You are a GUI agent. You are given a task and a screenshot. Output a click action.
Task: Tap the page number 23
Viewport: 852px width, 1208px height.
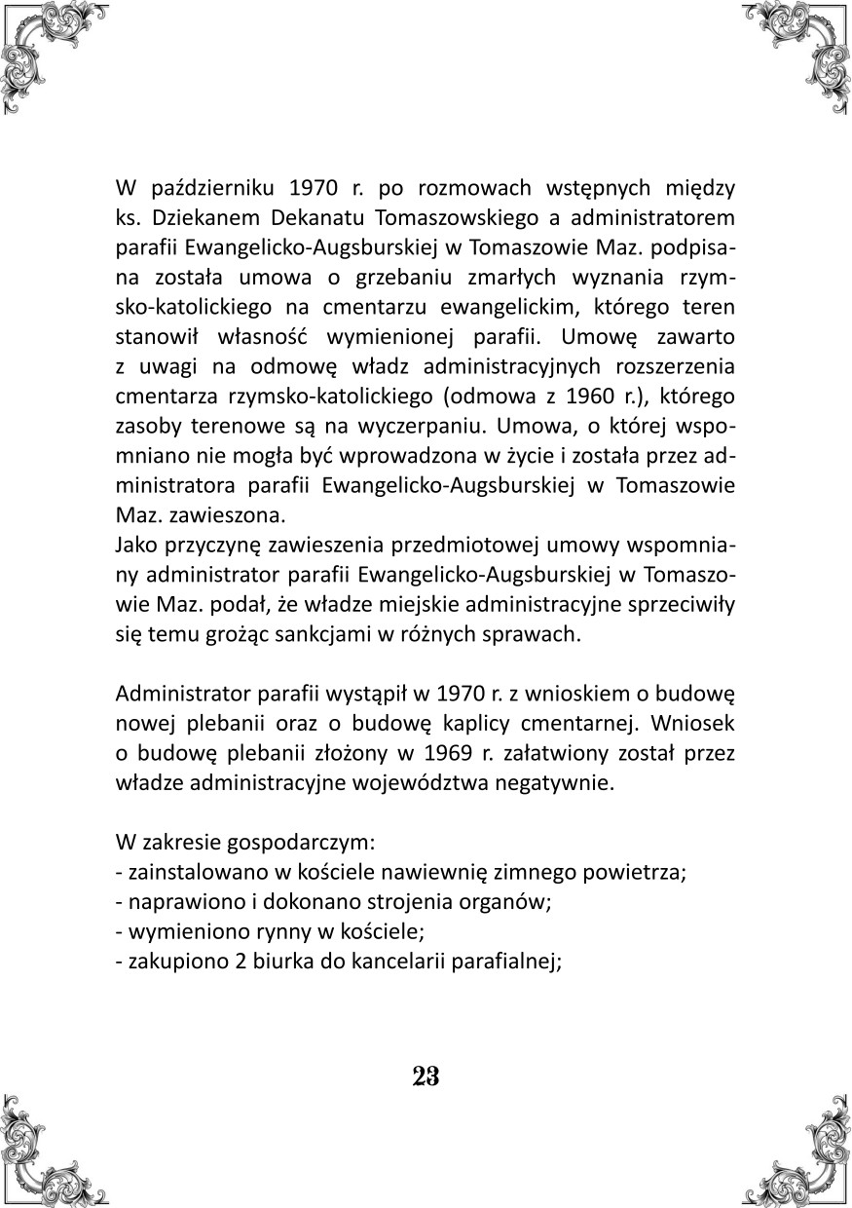coord(426,1076)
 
